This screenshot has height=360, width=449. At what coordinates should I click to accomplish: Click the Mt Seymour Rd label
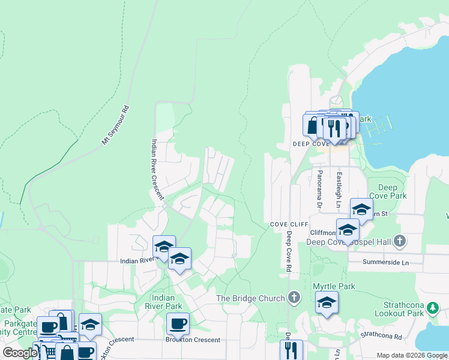tap(116, 125)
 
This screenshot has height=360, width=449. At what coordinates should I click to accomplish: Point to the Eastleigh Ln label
tap(339, 187)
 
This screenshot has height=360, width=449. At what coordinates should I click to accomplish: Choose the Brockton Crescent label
tap(193, 340)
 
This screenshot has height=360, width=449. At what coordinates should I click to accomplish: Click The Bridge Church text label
tap(251, 298)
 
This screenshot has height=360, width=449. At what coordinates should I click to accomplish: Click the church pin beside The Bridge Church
tap(294, 298)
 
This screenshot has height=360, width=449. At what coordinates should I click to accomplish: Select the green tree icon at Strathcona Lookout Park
tap(432, 308)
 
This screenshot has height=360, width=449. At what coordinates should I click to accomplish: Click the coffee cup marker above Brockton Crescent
tap(178, 324)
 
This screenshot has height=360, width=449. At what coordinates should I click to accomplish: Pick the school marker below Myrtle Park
tap(326, 303)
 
